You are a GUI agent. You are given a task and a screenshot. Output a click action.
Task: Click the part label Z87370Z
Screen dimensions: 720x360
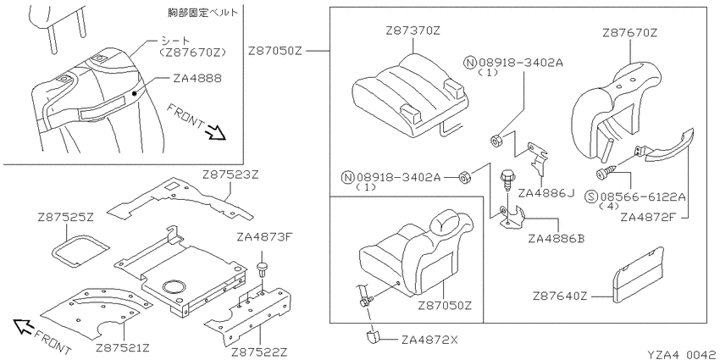[413, 31]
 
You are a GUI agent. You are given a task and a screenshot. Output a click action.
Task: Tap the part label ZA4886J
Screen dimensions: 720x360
[546, 193]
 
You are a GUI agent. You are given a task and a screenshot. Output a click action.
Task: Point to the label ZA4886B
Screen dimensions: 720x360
[556, 239]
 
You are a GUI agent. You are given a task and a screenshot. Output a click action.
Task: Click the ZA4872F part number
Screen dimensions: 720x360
[648, 216]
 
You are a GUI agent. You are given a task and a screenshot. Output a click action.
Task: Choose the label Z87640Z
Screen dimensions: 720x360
[560, 296]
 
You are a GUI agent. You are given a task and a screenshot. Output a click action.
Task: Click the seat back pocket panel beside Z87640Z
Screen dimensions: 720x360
[639, 275]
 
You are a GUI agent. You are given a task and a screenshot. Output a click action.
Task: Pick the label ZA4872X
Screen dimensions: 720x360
[429, 341]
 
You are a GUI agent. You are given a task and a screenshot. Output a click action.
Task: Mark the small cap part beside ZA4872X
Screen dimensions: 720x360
[372, 335]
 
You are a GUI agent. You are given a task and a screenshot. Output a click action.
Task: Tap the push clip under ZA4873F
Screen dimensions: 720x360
[263, 269]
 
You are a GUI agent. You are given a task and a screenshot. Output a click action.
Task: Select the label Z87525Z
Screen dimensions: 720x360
[66, 217]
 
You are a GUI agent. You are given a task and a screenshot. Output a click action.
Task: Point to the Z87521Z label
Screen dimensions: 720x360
[124, 346]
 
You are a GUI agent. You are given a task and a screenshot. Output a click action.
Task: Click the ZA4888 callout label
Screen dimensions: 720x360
[197, 78]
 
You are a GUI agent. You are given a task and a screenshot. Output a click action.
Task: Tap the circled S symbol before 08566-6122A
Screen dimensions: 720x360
[590, 197]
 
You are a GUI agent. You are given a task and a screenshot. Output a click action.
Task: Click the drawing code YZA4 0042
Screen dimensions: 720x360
[682, 354]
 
